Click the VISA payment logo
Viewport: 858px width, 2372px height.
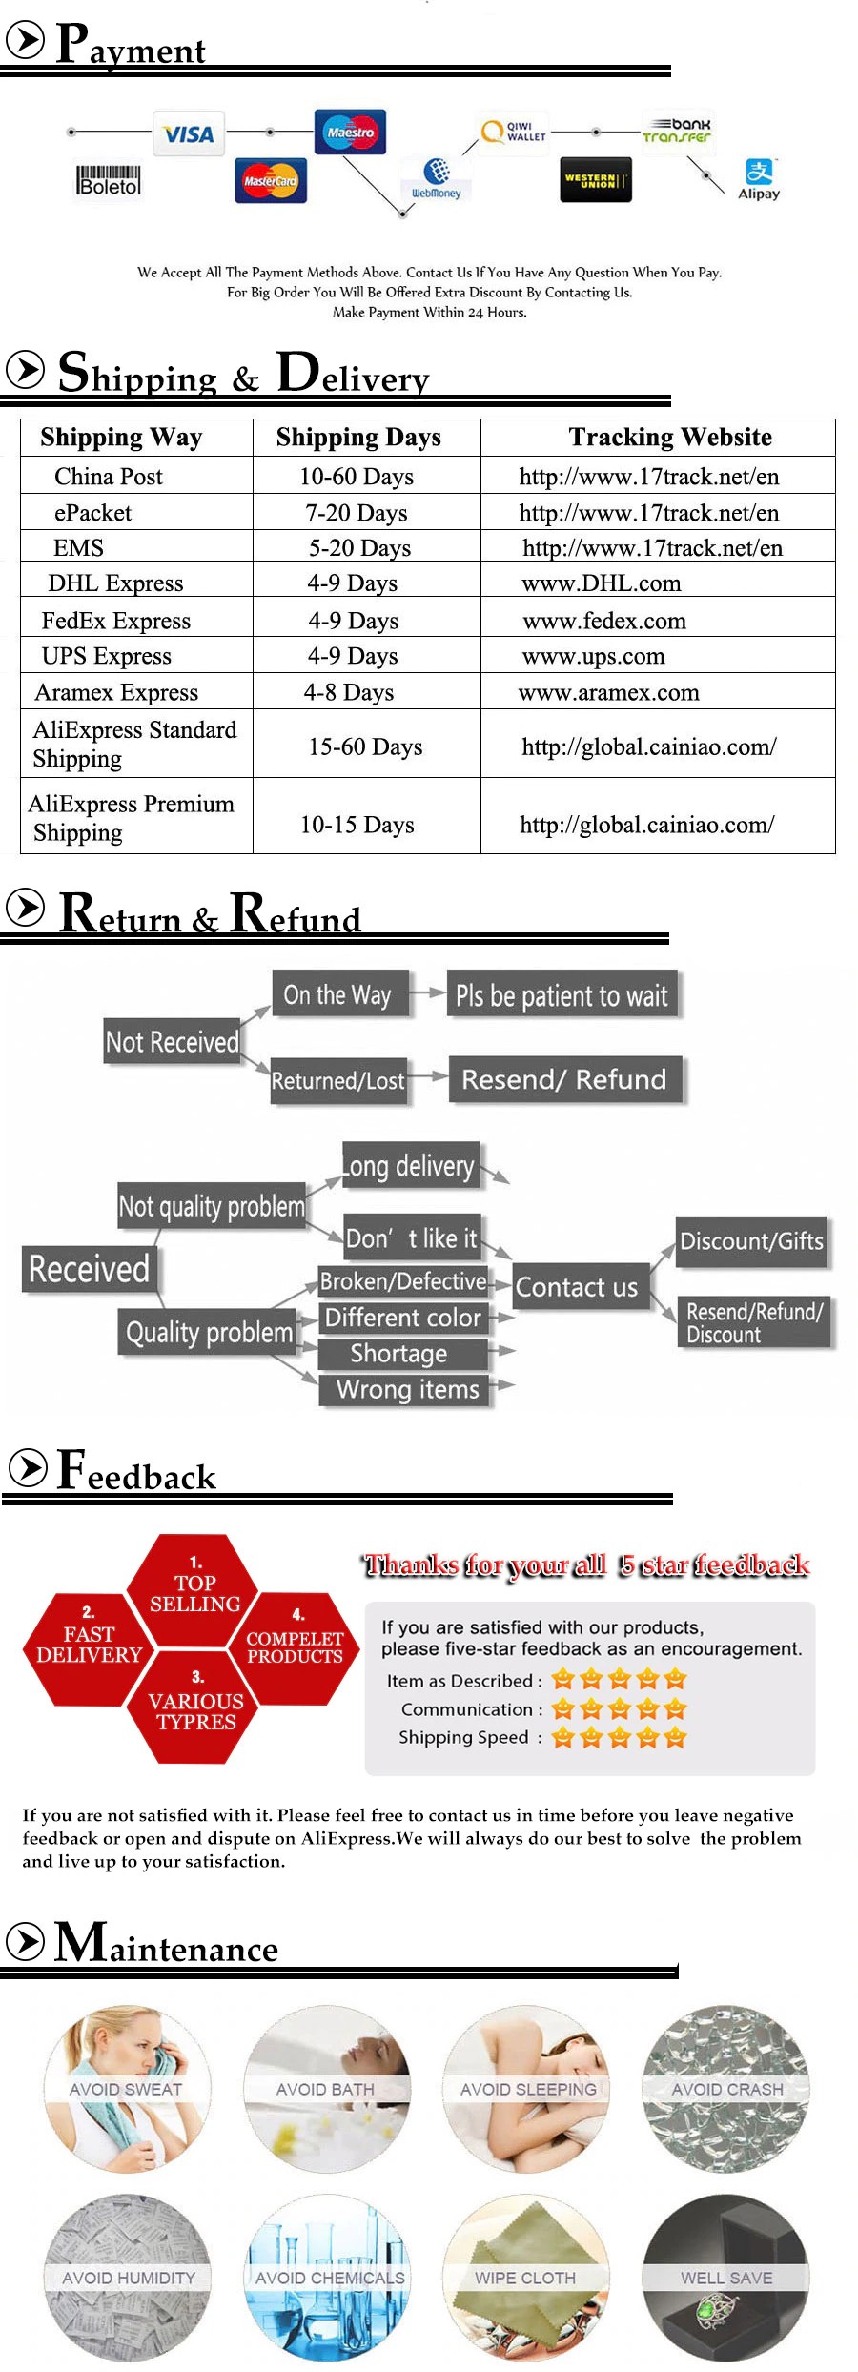[x=188, y=133]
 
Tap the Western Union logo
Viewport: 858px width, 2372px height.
[x=596, y=180]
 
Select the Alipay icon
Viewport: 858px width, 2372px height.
[x=759, y=179]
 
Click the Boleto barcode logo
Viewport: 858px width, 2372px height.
[x=109, y=181]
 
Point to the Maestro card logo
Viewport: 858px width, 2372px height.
[x=350, y=132]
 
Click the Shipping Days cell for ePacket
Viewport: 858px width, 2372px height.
[x=356, y=513]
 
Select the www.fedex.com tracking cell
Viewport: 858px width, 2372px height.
[x=604, y=621]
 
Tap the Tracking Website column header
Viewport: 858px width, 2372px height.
[x=670, y=437]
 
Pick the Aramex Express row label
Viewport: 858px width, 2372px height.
[x=116, y=692]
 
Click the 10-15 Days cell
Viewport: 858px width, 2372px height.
[x=357, y=825]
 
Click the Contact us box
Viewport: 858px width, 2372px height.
[x=577, y=1287]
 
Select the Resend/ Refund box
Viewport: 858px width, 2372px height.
[x=564, y=1079]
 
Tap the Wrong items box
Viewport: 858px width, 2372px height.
[x=407, y=1389]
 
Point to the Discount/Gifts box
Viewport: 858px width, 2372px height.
[x=751, y=1240]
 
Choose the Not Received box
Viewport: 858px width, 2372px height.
[x=173, y=1041]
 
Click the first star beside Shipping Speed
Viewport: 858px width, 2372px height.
[x=562, y=1737]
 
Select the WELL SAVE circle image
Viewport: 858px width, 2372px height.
[x=726, y=2277]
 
